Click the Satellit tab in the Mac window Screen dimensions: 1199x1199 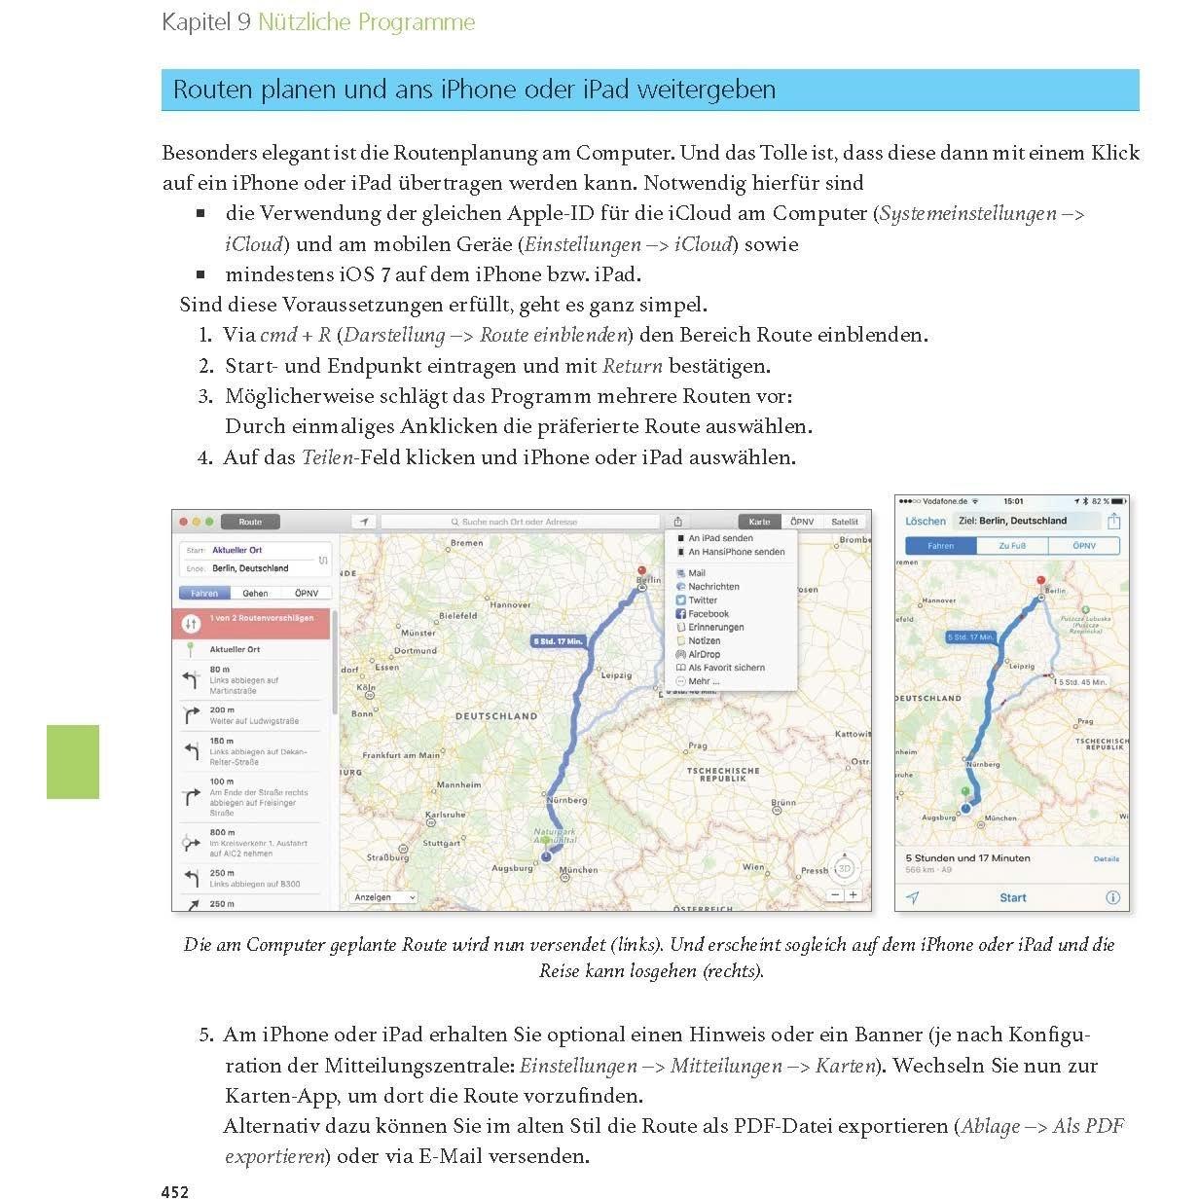pos(844,522)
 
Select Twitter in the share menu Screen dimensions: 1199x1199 pos(703,600)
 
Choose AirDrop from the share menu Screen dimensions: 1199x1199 pos(704,654)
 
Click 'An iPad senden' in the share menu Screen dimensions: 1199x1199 pos(720,538)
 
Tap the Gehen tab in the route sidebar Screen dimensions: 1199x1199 pos(255,593)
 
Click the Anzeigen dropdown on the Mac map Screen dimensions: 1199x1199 pos(382,897)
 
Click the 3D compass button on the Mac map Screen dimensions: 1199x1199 pos(845,868)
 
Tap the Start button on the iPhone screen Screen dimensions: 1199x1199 pos(1012,897)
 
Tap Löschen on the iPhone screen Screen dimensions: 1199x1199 pos(925,521)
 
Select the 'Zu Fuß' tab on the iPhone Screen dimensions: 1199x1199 pos(1012,546)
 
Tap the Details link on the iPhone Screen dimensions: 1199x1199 pos(1106,859)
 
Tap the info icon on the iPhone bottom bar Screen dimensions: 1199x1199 pos(1112,897)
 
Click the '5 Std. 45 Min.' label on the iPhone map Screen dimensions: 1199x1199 pos(1082,682)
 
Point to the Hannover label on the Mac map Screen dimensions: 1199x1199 pos(509,604)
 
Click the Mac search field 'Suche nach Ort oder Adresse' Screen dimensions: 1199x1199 pos(520,522)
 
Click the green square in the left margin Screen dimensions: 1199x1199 pos(73,762)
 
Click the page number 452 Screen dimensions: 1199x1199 pos(175,1191)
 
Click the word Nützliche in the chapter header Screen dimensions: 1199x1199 pos(302,22)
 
